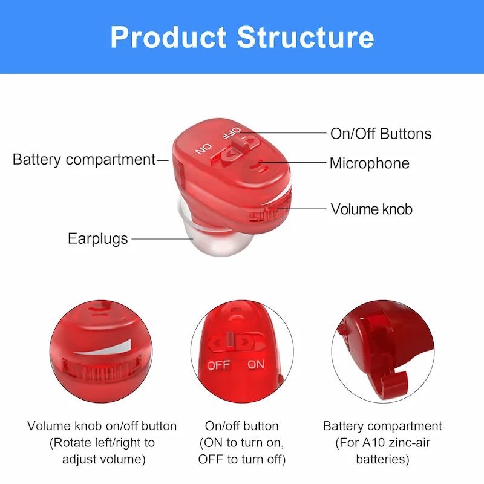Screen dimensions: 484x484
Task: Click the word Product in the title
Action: pos(168,37)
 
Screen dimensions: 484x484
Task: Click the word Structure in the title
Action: pos(306,37)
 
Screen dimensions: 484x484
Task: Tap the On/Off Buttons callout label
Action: pos(381,134)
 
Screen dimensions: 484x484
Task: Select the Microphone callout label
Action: pos(370,163)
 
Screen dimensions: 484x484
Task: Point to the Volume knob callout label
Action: pos(371,209)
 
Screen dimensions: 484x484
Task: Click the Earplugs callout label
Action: pos(97,239)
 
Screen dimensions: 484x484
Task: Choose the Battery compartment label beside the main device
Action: pos(84,160)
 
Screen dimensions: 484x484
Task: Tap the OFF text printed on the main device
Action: pos(232,132)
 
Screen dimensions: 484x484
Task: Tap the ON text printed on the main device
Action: pos(203,148)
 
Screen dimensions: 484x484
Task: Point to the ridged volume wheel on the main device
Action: pos(269,212)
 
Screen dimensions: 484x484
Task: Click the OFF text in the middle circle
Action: pos(218,365)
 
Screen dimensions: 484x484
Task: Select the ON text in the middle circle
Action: pos(256,365)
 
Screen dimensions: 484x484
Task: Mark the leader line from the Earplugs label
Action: pos(162,238)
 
